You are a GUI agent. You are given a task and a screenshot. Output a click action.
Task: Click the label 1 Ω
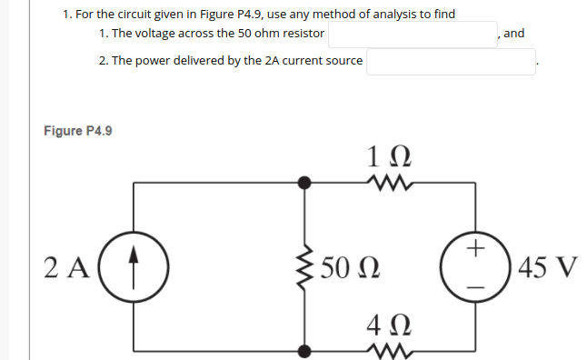390,157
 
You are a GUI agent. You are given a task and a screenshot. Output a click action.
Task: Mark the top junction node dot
305,183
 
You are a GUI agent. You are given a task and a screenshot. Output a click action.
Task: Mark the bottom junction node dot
305,348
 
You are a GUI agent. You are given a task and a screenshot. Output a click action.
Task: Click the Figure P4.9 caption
78,131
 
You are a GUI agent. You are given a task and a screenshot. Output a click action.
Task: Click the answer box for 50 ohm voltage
413,35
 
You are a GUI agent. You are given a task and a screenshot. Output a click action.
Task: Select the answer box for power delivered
451,62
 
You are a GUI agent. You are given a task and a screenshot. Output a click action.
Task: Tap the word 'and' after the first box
513,34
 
